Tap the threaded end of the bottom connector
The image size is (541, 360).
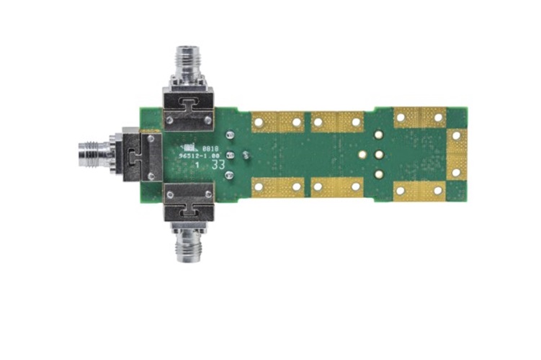189,248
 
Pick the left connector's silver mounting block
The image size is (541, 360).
142,155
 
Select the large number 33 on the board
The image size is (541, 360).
218,165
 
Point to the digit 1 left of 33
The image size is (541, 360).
197,165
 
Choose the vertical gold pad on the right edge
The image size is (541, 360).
457,154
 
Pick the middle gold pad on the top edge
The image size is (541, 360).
338,122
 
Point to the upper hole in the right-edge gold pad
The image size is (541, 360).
457,135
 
